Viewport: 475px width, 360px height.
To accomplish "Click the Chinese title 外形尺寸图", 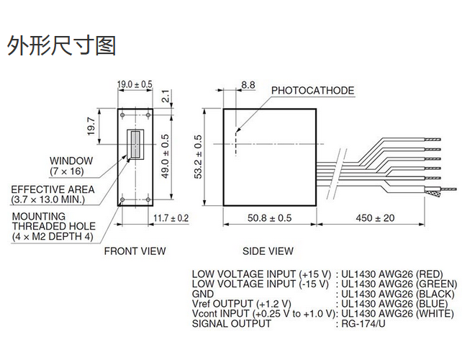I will [x=61, y=46].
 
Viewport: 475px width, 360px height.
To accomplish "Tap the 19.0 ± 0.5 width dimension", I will [x=135, y=84].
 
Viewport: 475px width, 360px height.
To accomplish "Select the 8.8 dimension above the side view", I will [x=248, y=85].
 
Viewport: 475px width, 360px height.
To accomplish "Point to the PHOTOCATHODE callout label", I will [x=312, y=91].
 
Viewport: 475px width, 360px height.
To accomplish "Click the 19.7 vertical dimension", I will [x=91, y=126].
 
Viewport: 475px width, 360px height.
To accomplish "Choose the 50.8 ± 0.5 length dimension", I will [x=269, y=217].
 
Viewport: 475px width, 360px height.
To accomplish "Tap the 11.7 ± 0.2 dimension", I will [x=171, y=217].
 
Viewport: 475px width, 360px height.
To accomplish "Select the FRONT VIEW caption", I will [x=135, y=251].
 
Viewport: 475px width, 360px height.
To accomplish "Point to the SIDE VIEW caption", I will [x=268, y=251].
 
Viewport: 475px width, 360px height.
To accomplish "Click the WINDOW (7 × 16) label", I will [x=71, y=166].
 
